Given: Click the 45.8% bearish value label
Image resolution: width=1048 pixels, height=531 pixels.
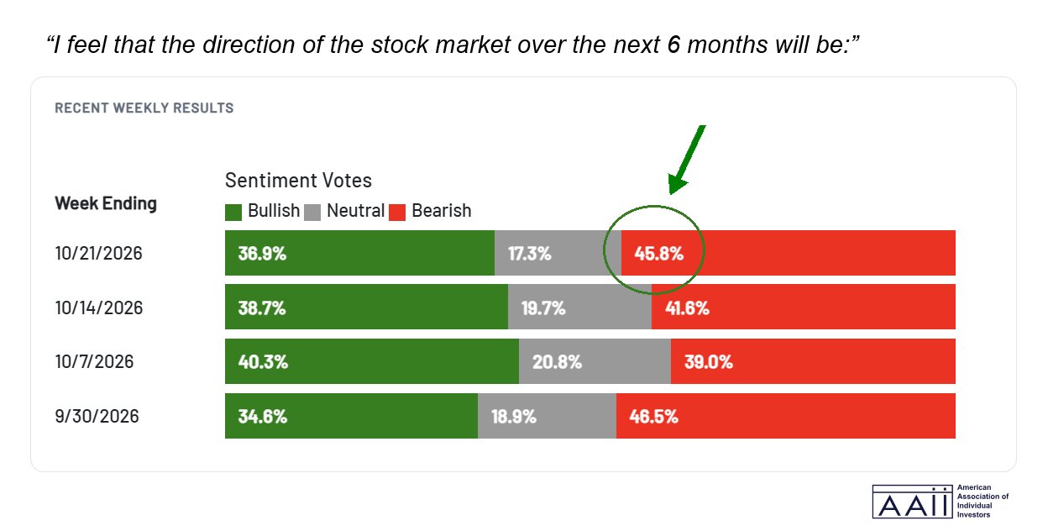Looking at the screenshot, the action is tap(658, 254).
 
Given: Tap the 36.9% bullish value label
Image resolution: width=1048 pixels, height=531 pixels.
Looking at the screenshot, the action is tap(262, 254).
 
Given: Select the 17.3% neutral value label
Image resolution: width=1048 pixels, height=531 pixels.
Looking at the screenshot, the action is tap(530, 254).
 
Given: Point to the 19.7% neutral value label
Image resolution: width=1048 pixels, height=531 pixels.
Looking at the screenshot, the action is tap(543, 308).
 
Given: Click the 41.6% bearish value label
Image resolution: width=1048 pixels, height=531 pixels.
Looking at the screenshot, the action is tap(687, 308).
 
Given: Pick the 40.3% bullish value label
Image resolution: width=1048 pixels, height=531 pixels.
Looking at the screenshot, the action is tap(263, 362).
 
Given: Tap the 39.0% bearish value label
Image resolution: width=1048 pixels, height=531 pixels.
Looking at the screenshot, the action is tap(709, 362).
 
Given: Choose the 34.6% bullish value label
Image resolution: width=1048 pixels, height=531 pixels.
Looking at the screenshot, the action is tap(263, 416).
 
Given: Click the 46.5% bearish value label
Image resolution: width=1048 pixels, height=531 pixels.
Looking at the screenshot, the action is tap(653, 416).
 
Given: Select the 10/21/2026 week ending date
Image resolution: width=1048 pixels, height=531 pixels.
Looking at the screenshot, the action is tap(99, 254).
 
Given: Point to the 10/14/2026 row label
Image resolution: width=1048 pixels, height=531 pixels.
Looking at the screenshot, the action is tap(99, 308).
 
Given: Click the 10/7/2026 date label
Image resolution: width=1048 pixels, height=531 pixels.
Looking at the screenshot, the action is tap(94, 362).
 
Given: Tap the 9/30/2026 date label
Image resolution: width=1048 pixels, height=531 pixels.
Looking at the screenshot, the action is tap(97, 416).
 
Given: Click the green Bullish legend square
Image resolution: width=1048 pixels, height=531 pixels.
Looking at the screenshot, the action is tap(233, 212).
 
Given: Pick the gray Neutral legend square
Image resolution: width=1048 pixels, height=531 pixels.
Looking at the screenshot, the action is tap(312, 212).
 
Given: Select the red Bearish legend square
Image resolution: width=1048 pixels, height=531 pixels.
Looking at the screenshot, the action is tap(397, 212).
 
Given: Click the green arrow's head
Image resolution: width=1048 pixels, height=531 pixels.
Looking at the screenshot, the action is tap(677, 183).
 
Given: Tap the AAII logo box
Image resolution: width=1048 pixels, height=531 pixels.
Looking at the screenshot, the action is tap(912, 502).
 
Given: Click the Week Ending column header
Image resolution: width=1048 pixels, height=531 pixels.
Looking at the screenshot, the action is tap(106, 203).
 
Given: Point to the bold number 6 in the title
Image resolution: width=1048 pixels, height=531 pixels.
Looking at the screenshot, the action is tap(673, 45).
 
